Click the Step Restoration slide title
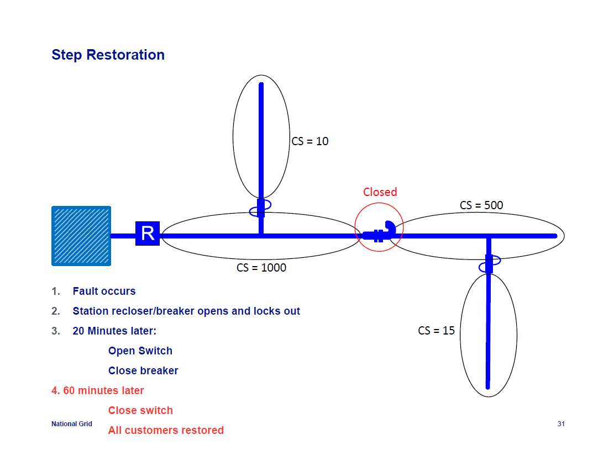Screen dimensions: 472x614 point(108,55)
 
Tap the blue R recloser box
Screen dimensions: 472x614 point(148,234)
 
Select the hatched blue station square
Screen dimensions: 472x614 point(81,236)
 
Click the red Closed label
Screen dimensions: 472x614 point(380,192)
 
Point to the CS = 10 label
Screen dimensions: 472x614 point(310,141)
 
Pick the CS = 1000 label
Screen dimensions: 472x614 point(261,268)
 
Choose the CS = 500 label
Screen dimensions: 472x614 point(481,205)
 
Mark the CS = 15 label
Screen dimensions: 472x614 point(436,331)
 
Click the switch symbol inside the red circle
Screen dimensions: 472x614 point(380,234)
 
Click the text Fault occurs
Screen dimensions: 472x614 point(104,291)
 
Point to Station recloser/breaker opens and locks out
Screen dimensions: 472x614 point(186,311)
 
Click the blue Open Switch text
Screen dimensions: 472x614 point(140,351)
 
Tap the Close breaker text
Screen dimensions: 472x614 point(143,371)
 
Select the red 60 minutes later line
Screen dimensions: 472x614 point(98,391)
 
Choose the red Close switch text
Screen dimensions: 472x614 point(140,411)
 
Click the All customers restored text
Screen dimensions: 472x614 point(166,431)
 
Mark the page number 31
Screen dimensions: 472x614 point(561,424)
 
